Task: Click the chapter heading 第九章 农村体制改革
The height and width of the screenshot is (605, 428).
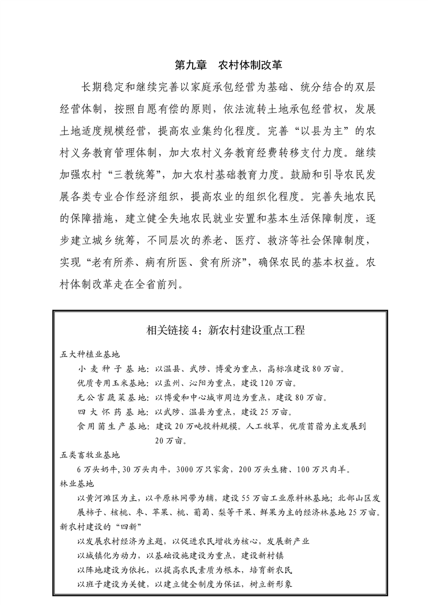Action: [x=229, y=66]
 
